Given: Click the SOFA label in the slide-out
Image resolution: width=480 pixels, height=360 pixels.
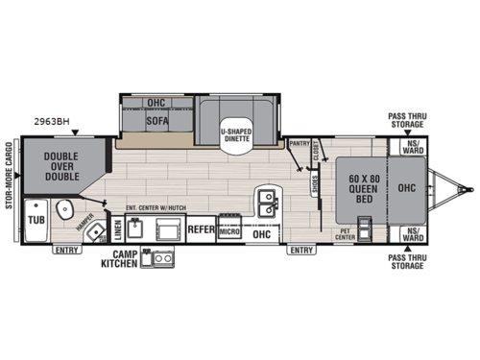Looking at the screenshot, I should [x=156, y=123].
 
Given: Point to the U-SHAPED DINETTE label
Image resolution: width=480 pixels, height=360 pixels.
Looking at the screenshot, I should [x=235, y=133].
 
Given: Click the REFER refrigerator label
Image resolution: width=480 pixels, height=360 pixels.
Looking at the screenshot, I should [x=200, y=230].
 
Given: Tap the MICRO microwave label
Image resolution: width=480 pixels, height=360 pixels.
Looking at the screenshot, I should [x=228, y=231].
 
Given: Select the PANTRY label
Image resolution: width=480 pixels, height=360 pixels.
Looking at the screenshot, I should [x=300, y=143].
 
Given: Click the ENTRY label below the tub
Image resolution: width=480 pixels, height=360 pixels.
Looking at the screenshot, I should [x=67, y=250].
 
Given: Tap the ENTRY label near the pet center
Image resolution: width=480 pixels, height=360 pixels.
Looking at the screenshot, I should [x=301, y=250].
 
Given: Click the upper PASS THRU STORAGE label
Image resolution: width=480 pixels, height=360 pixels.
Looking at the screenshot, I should [x=406, y=119].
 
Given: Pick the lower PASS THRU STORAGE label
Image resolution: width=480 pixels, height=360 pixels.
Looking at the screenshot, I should [x=406, y=260].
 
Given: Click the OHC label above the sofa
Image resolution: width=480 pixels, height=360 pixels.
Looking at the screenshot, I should [x=156, y=102].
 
